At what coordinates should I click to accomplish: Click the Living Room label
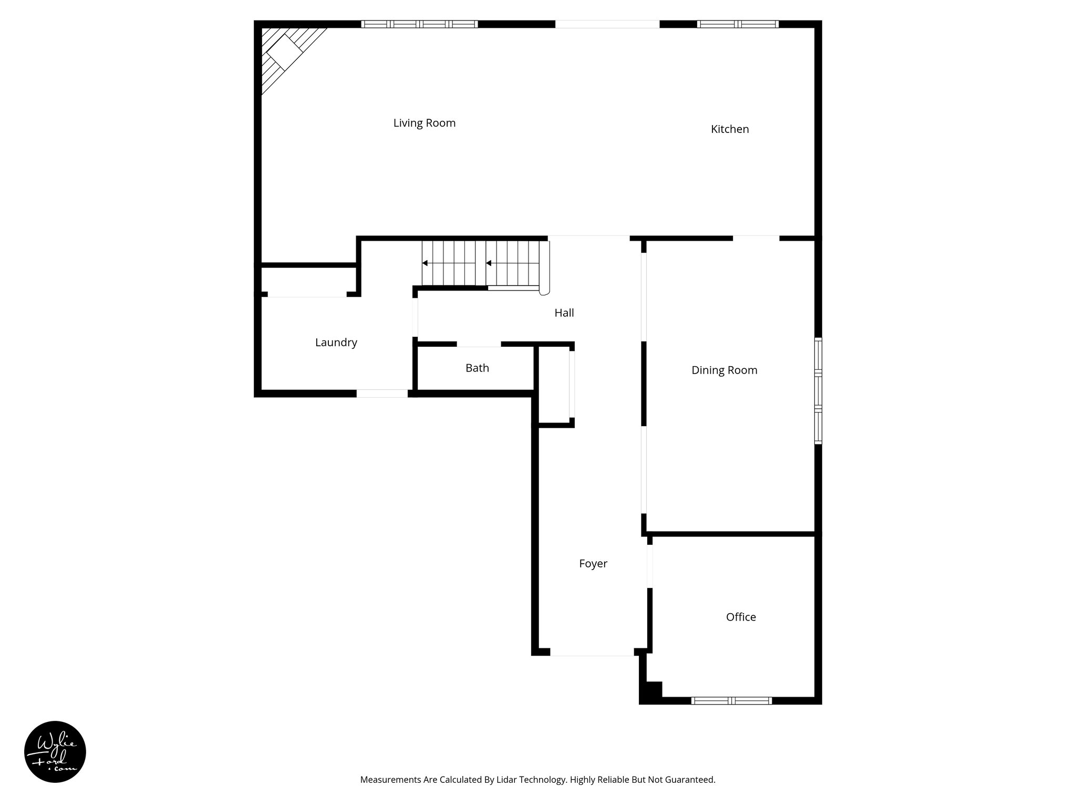pyautogui.click(x=424, y=123)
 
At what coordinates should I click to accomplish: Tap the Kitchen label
pyautogui.click(x=729, y=129)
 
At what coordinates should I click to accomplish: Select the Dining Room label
pyautogui.click(x=724, y=370)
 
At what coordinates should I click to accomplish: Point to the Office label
pyautogui.click(x=741, y=617)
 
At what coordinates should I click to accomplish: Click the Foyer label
pyautogui.click(x=593, y=564)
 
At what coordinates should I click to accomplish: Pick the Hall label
pyautogui.click(x=564, y=313)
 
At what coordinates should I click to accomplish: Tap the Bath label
pyautogui.click(x=477, y=368)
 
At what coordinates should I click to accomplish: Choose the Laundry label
pyautogui.click(x=336, y=343)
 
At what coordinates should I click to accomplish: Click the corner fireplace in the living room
pyautogui.click(x=286, y=53)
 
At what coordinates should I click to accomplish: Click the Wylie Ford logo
pyautogui.click(x=55, y=752)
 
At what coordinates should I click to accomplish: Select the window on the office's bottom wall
pyautogui.click(x=731, y=700)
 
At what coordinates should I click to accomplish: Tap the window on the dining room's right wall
pyautogui.click(x=818, y=391)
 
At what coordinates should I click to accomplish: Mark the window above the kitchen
pyautogui.click(x=738, y=24)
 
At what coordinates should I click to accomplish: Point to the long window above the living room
pyautogui.click(x=419, y=24)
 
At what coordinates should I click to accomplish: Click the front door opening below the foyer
pyautogui.click(x=592, y=652)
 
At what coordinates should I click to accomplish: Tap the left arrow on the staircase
pyautogui.click(x=425, y=263)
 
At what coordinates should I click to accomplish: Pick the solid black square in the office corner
pyautogui.click(x=654, y=689)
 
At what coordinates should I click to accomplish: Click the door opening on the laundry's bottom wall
pyautogui.click(x=382, y=393)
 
